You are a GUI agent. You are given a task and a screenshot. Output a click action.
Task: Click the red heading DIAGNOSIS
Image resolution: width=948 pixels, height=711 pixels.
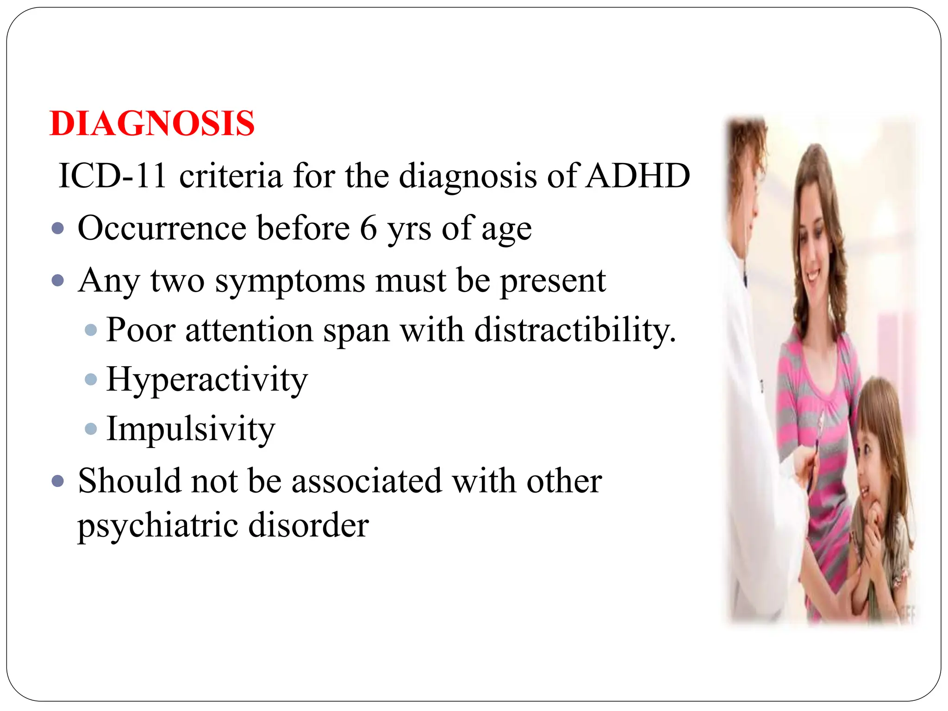pos(152,124)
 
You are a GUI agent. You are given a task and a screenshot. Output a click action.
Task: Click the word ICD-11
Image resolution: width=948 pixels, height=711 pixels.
pos(112,176)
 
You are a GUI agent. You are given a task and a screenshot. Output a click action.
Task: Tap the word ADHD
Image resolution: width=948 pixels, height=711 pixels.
pos(637,176)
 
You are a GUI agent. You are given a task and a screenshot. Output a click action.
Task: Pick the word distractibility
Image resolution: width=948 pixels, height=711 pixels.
pos(575,331)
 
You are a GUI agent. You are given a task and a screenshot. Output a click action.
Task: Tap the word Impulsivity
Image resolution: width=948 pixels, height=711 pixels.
pos(191,429)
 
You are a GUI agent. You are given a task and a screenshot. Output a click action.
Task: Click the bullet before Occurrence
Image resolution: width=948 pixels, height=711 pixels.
pos(58,228)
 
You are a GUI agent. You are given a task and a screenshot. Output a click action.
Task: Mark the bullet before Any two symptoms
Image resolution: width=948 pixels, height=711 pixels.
pos(58,281)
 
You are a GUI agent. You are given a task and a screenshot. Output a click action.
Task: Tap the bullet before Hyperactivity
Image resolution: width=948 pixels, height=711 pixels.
pos(91,380)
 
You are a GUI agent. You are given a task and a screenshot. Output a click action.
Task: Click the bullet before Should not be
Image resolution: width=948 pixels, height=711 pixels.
pos(58,481)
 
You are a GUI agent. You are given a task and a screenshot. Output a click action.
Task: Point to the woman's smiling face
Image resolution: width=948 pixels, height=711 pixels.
pos(816,250)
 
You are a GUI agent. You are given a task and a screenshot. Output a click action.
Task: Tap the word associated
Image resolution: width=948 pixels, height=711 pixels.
pos(367,480)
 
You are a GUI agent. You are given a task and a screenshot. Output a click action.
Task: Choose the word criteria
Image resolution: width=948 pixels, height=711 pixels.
pos(231,176)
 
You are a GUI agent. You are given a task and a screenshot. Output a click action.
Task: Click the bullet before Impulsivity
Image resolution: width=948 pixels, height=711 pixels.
pos(91,429)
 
